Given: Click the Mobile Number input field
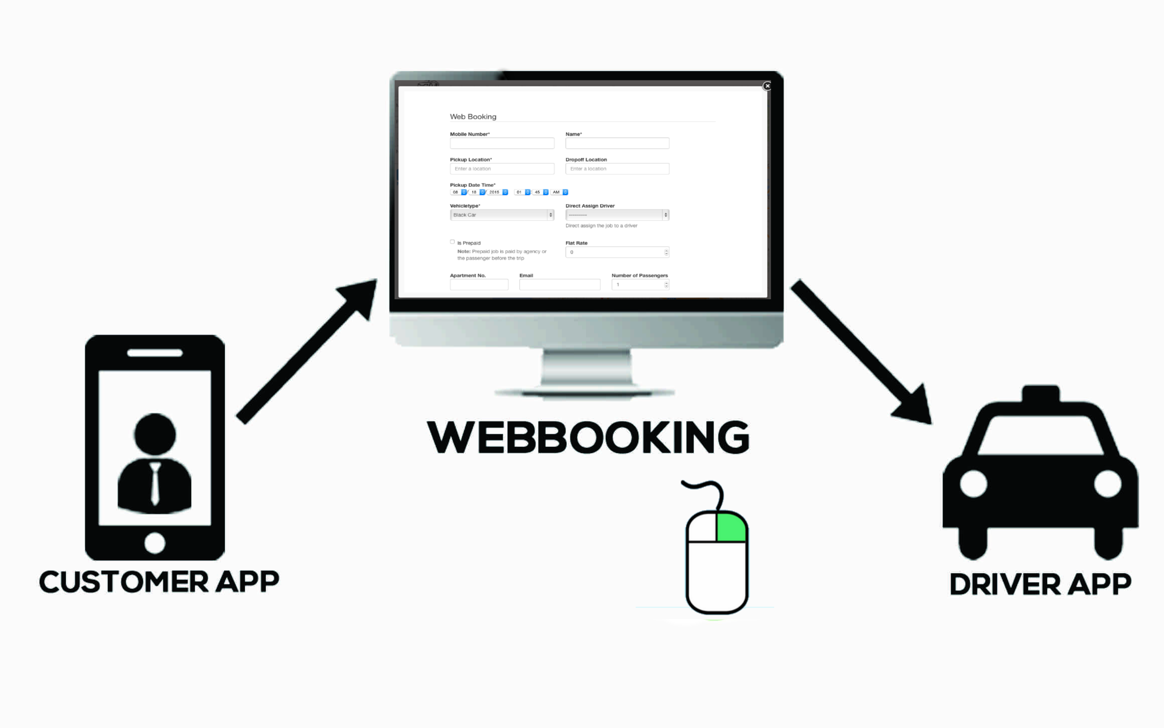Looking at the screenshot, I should tap(502, 144).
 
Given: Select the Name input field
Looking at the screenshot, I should tap(617, 144).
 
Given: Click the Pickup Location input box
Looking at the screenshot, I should tap(502, 169).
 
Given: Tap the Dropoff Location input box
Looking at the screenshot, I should tap(617, 169).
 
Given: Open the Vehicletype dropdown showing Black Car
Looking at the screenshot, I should tap(502, 215).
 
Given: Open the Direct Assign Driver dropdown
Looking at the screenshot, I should tap(617, 215).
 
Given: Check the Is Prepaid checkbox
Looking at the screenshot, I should tap(453, 242).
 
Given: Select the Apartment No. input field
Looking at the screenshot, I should tap(479, 285).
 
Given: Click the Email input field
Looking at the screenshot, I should tap(559, 285).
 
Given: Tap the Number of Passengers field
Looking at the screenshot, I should tap(639, 285).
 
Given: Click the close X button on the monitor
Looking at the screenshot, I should tap(767, 86).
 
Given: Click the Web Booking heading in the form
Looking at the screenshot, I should tap(473, 116).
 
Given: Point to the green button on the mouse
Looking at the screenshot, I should tap(732, 527).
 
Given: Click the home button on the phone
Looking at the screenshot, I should tap(155, 543).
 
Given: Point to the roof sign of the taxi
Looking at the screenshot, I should tap(1041, 394).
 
